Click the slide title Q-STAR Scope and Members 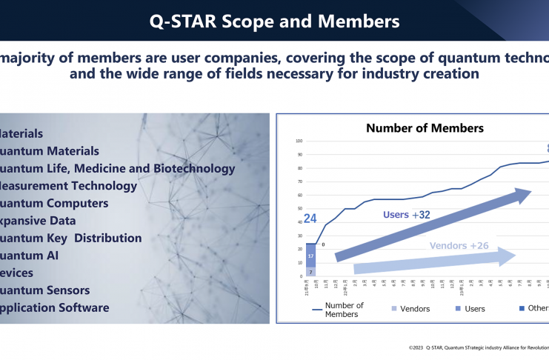click(x=274, y=21)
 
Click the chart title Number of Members click(x=425, y=128)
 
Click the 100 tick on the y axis click(x=299, y=141)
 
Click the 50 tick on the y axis click(x=299, y=209)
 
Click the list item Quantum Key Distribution click(x=70, y=238)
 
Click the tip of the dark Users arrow click(x=531, y=193)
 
